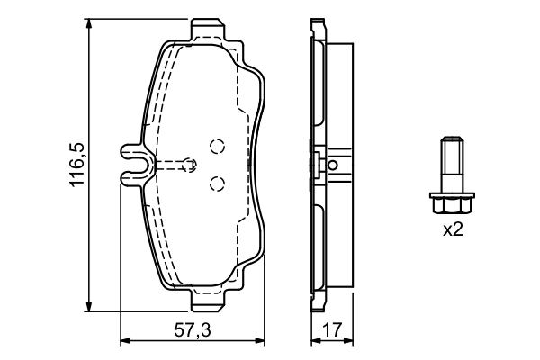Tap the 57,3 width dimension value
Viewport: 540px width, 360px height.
point(193,330)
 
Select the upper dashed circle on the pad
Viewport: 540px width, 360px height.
point(215,146)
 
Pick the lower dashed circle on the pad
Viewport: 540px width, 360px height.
point(215,184)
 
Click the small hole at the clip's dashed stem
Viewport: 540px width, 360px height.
point(188,165)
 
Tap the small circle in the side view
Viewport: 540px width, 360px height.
point(333,165)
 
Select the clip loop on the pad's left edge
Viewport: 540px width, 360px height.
point(131,165)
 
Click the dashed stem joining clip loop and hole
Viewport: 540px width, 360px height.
point(166,165)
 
